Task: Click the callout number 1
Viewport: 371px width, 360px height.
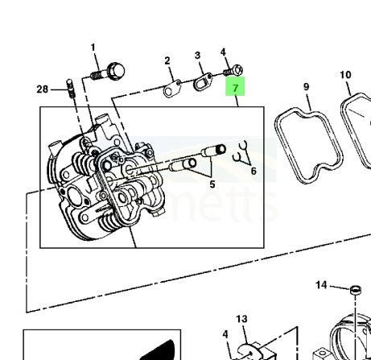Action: point(93,48)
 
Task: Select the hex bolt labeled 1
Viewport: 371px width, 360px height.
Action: point(108,72)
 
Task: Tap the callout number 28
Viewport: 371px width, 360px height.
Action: point(42,89)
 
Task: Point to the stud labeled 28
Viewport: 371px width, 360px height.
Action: point(70,89)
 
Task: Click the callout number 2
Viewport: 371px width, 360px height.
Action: point(167,60)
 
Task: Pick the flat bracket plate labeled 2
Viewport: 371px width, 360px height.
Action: point(172,89)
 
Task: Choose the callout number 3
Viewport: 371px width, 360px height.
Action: point(197,56)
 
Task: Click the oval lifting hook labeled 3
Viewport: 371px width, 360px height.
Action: point(203,82)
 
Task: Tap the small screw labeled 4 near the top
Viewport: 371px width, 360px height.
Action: point(233,71)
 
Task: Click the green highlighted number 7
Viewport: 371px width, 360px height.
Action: point(235,88)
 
